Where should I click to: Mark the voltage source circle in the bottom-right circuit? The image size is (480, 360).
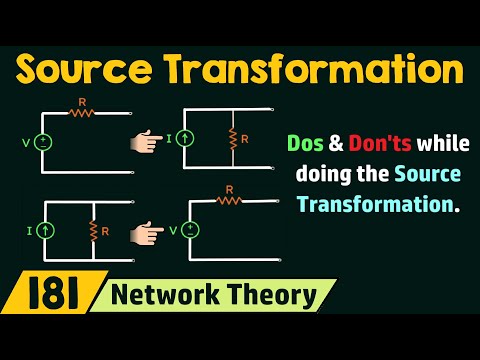coord(191,230)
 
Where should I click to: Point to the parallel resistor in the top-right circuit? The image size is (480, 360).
coord(231,138)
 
